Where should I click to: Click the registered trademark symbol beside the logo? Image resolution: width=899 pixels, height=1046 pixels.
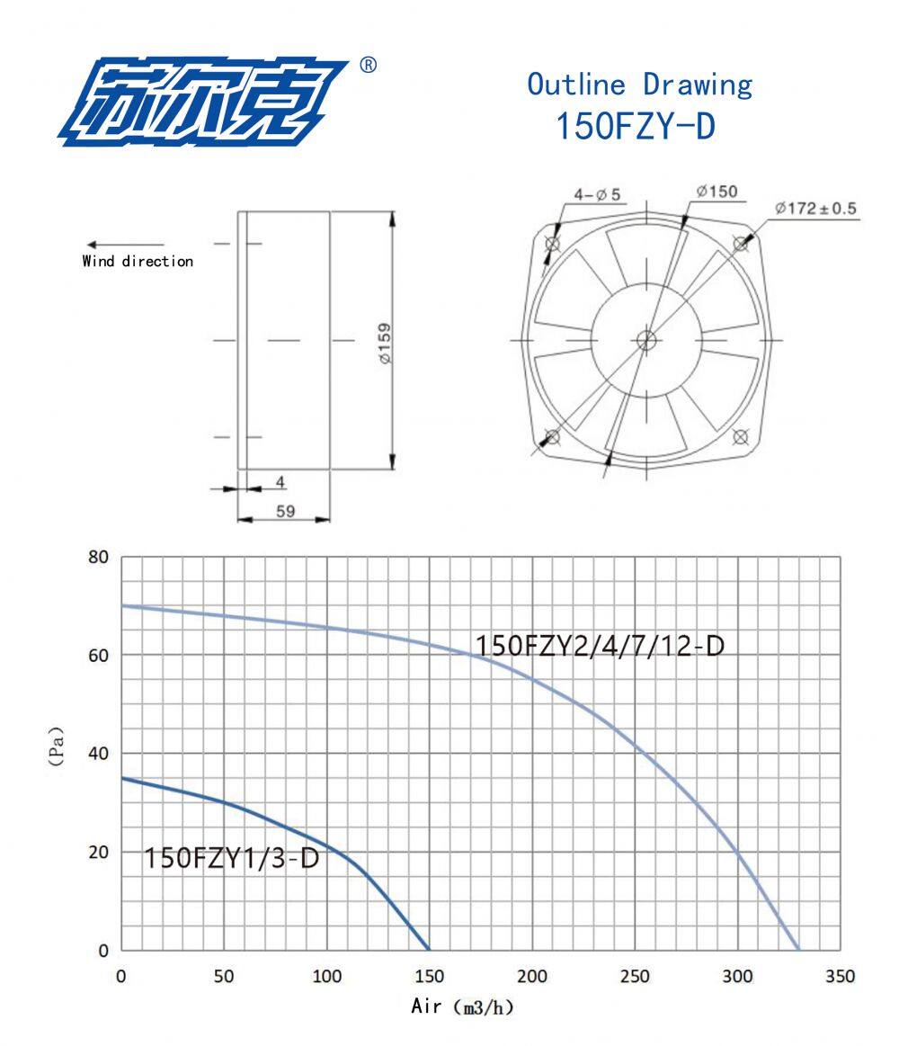click(368, 65)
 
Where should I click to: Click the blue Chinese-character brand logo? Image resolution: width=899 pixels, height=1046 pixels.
click(203, 102)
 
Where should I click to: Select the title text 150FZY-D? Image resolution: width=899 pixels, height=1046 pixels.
click(636, 125)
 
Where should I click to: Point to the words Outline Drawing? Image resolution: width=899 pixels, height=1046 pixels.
click(639, 85)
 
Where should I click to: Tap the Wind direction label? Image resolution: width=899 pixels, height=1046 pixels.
click(138, 261)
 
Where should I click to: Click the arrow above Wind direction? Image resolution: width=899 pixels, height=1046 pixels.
click(125, 245)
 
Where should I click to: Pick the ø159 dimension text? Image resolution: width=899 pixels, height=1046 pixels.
click(385, 343)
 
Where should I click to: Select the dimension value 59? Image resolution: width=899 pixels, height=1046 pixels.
click(286, 511)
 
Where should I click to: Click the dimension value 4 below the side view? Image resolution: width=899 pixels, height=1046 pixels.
click(280, 482)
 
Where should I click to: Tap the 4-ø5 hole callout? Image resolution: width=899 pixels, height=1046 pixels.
click(597, 194)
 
